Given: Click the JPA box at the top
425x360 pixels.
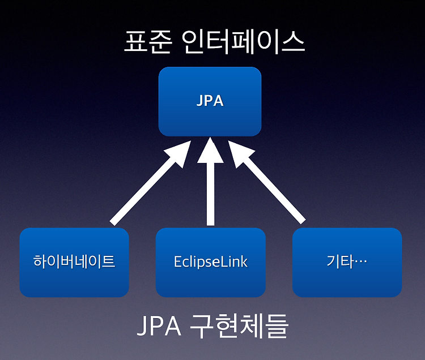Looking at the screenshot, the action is coord(210,101).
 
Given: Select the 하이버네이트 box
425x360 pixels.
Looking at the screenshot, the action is coord(74,262).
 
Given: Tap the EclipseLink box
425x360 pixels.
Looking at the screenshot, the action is coord(211,262).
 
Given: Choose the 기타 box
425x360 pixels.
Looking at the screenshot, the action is coord(347,262).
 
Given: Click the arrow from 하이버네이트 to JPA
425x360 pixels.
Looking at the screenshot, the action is coord(151,183).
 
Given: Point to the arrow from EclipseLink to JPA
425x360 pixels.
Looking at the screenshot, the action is coord(210,181).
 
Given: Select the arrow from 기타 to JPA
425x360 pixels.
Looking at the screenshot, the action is coord(267,182).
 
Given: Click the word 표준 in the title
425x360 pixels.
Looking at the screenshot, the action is coord(148,42).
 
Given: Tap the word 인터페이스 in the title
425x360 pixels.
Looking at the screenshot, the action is coord(243,42).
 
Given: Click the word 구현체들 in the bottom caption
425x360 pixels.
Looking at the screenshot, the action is coord(239,325).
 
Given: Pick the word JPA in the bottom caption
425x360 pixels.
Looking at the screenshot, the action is coord(159,325).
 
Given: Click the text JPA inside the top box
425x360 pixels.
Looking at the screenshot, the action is coord(210,101).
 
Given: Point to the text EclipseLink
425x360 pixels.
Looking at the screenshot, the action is coord(211,262).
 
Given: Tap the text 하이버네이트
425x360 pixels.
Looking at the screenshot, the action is coord(74,262).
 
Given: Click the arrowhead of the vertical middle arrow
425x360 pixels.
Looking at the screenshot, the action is coord(210,150).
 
